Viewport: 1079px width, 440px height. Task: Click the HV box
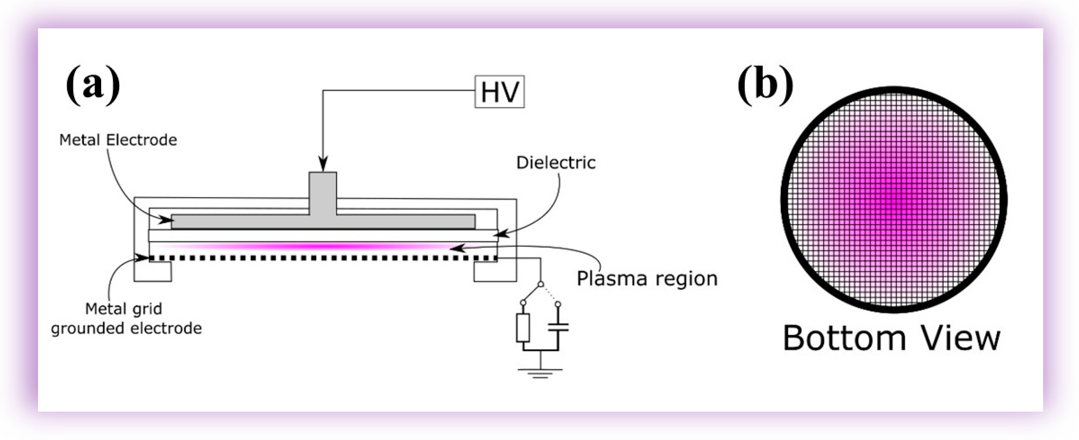[x=499, y=92]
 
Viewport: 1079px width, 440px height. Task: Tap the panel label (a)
[x=93, y=85]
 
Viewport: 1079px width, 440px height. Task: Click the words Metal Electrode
[x=118, y=140]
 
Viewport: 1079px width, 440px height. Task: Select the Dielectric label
[x=556, y=163]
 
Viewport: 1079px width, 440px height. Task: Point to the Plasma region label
[x=647, y=278]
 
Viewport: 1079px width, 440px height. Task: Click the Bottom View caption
[x=891, y=338]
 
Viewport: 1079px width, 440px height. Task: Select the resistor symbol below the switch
[x=523, y=328]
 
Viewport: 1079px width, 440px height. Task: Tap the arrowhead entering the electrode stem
[x=323, y=164]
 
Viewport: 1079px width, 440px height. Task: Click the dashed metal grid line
[x=323, y=258]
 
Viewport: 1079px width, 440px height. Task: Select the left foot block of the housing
[x=152, y=271]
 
